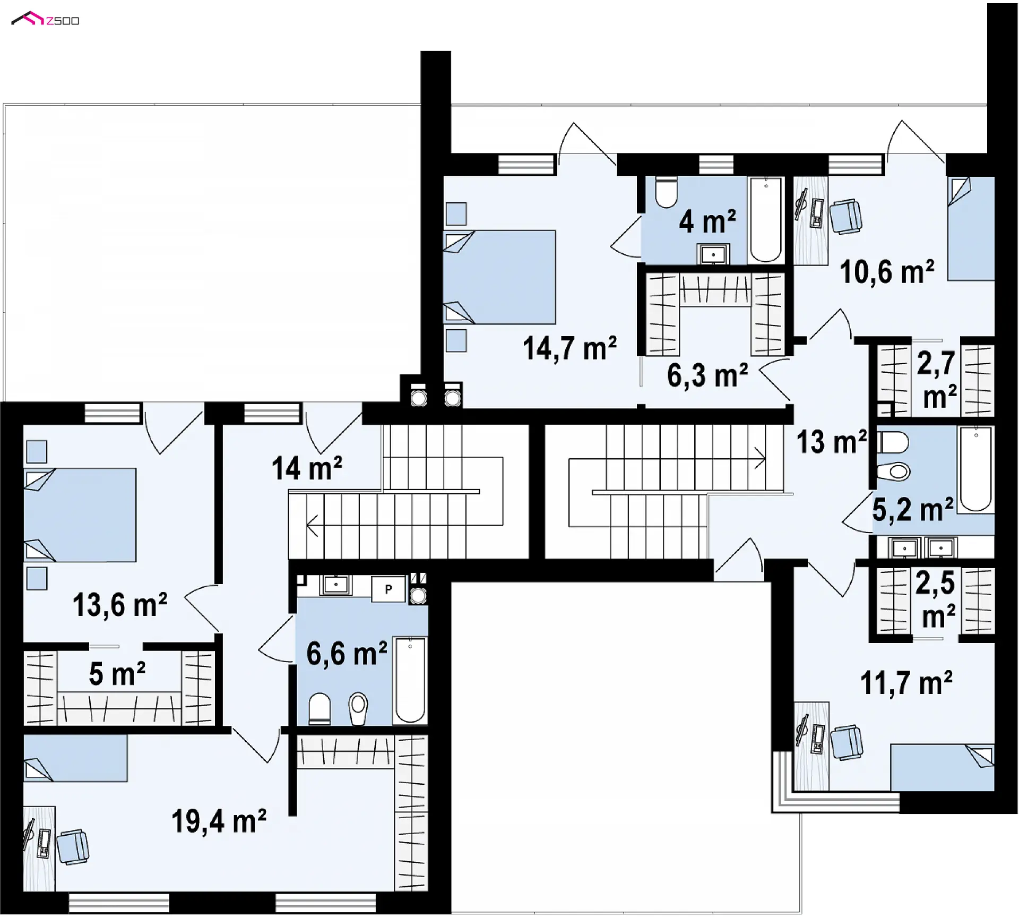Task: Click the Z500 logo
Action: point(45,19)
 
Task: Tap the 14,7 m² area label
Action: point(569,349)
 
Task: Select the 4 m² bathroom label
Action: point(707,221)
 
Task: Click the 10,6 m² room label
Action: point(887,272)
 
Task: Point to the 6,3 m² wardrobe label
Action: point(707,375)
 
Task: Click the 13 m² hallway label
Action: point(832,441)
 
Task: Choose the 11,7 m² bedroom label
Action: point(906,683)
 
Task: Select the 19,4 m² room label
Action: point(219,821)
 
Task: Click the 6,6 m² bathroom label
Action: point(347,654)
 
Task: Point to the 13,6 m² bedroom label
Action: point(120,605)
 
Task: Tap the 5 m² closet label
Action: point(117,674)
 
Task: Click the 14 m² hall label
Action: point(307,468)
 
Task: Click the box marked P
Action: point(388,589)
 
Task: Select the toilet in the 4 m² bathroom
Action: point(666,192)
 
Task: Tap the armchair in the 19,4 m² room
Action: point(73,846)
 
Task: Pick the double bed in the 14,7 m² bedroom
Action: point(499,277)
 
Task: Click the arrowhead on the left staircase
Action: point(312,526)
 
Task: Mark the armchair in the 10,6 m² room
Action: point(845,216)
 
